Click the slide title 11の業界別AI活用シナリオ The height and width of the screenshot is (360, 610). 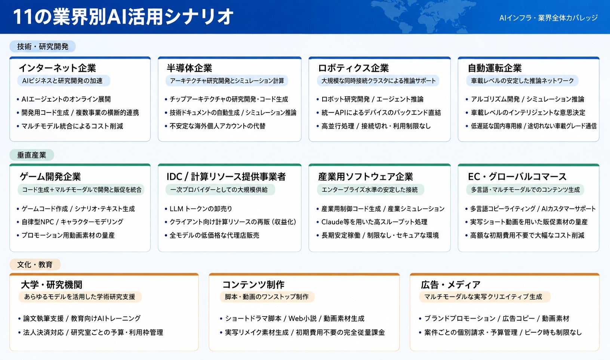click(x=123, y=17)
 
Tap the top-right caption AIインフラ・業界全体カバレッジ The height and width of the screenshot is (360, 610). click(x=548, y=18)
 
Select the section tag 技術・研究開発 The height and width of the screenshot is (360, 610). click(x=43, y=47)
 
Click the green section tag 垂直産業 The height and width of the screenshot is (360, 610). click(x=32, y=155)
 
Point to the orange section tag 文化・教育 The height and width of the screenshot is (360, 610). click(x=35, y=264)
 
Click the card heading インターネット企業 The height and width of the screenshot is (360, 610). click(x=58, y=68)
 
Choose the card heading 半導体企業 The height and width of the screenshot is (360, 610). click(x=190, y=68)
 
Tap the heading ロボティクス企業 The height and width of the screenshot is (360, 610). click(x=354, y=68)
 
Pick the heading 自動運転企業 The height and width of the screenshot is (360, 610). click(x=495, y=68)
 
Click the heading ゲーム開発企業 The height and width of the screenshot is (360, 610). click(x=50, y=177)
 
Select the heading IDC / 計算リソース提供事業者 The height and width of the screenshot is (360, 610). click(x=226, y=177)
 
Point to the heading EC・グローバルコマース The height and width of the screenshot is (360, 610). click(x=517, y=177)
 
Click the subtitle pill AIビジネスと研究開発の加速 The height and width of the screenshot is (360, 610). click(x=64, y=81)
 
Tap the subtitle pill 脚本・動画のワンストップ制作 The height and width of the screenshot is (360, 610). click(x=267, y=296)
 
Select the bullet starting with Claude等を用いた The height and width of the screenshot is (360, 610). click(x=372, y=222)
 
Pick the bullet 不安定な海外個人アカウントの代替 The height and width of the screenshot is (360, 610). click(x=215, y=126)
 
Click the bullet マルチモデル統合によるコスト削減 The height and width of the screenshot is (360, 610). click(x=70, y=126)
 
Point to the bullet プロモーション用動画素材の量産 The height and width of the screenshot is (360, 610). click(x=66, y=235)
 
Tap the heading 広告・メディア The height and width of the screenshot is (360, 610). click(x=451, y=285)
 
